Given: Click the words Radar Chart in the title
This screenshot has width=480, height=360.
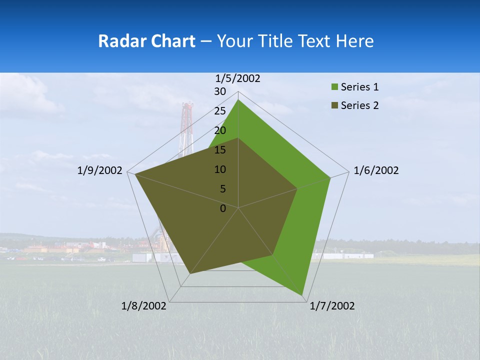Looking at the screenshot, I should coord(146,41).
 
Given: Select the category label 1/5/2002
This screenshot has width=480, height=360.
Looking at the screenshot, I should coord(237,78).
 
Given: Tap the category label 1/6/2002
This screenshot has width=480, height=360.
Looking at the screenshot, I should coord(376,170).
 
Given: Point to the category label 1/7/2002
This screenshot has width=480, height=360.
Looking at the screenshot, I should coord(332,306).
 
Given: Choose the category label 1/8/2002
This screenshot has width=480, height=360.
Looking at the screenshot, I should coord(144,306).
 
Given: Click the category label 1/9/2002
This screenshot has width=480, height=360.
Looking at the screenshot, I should coord(100,170).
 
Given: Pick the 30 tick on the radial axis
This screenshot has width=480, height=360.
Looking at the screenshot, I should coord(220,91).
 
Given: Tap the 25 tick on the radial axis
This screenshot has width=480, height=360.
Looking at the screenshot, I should coord(220,111).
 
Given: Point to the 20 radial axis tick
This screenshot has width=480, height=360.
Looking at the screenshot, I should coord(220,130).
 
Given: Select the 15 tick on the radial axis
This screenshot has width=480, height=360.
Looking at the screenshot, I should coord(220,150).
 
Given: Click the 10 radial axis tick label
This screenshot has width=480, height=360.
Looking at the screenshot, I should coord(220,169).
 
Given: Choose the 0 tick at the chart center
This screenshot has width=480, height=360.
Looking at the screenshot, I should coord(223,208).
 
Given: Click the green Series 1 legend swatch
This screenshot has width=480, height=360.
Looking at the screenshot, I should coord(334,87).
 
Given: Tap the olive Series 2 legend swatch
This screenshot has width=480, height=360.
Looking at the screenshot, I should coord(334,105).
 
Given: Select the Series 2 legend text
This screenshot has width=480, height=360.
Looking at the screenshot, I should coord(359,105).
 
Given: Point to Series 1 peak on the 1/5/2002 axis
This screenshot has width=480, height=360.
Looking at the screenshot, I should coord(238,100).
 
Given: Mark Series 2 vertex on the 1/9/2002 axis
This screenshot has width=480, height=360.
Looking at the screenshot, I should coord(134,174).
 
